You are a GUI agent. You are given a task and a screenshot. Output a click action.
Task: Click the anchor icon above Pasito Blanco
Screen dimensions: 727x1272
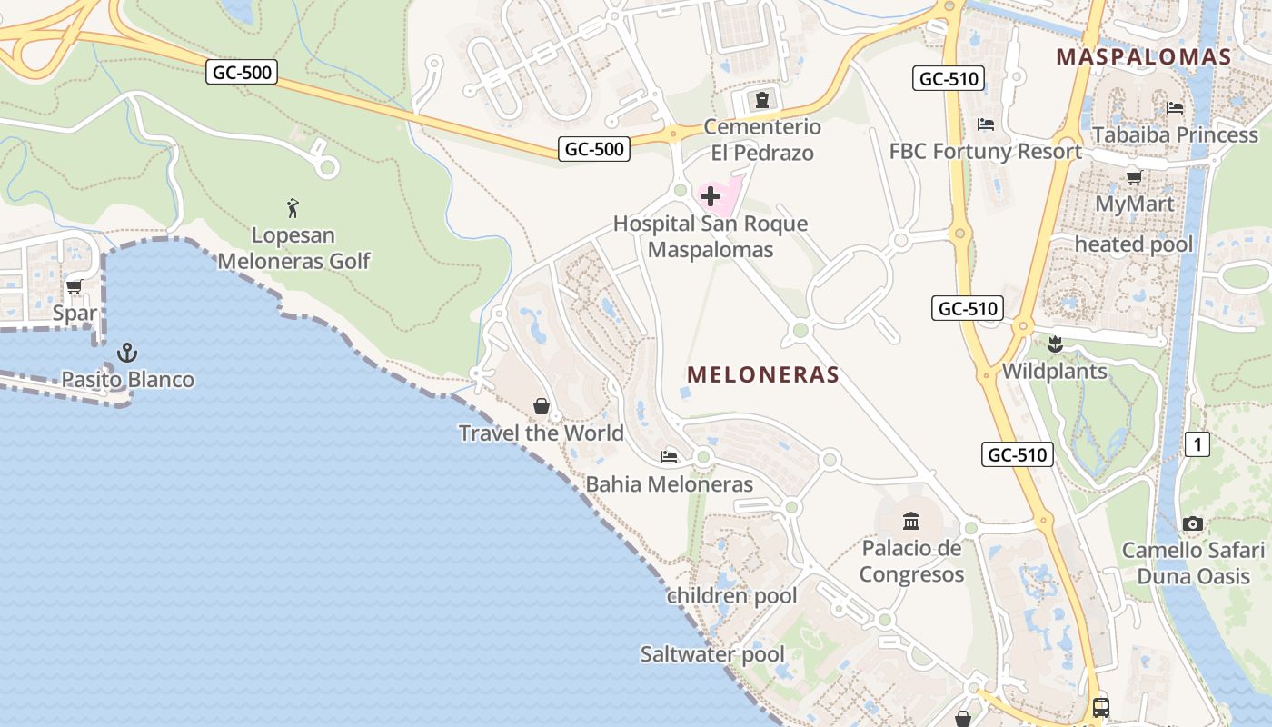coord(127,353)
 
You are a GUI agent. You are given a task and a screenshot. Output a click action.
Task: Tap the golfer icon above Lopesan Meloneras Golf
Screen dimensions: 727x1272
coord(293,208)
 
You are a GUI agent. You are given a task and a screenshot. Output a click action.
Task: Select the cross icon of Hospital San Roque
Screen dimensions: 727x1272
coord(711,196)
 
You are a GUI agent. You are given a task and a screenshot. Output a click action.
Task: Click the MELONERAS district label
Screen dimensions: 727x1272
coord(763,374)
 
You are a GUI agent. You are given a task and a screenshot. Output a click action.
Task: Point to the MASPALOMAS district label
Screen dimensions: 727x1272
coord(1143,56)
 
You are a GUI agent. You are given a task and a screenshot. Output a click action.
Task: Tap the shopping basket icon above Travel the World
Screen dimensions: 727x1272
coord(542,405)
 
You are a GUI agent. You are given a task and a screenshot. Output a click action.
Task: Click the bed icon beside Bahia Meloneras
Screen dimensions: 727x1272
coord(669,456)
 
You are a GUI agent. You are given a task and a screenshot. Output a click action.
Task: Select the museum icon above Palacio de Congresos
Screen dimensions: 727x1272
coord(911,521)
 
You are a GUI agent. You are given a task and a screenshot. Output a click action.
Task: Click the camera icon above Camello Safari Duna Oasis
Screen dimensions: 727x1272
coord(1193,523)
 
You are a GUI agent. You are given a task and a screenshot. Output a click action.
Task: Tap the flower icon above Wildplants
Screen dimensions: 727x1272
coord(1054,344)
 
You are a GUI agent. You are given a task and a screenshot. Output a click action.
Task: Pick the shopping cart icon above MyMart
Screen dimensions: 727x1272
coord(1134,177)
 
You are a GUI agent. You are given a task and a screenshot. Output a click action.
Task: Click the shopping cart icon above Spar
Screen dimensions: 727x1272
coord(75,286)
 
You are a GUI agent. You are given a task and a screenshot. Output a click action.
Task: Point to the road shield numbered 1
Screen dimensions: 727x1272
coord(1198,444)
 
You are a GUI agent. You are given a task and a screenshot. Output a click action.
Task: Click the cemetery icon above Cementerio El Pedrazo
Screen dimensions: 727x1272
coord(761,100)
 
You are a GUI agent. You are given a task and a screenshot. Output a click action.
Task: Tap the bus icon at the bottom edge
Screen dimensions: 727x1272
coord(1100,707)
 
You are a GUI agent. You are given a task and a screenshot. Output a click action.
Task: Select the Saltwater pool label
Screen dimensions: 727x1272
coord(712,654)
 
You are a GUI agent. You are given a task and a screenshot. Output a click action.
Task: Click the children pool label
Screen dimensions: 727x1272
coord(731,596)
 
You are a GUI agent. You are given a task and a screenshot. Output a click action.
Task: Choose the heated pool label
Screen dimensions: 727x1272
coord(1134,244)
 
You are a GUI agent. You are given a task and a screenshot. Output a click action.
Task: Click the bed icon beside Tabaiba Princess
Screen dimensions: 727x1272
coord(1175,108)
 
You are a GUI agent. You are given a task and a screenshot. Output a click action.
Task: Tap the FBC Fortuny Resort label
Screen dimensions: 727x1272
coord(986,151)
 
